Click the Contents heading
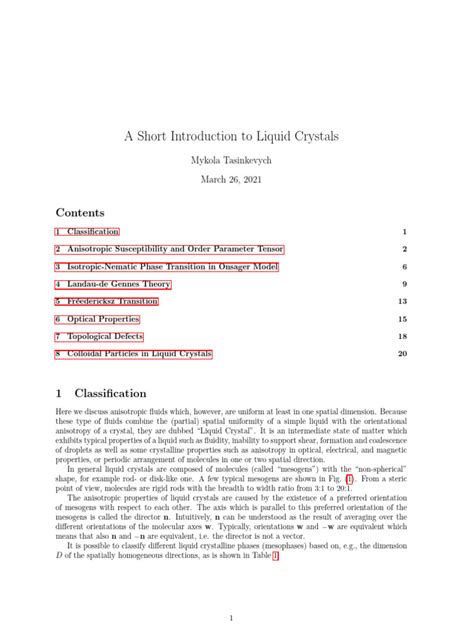point(81,212)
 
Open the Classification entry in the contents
point(87,232)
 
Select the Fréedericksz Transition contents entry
point(107,301)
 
